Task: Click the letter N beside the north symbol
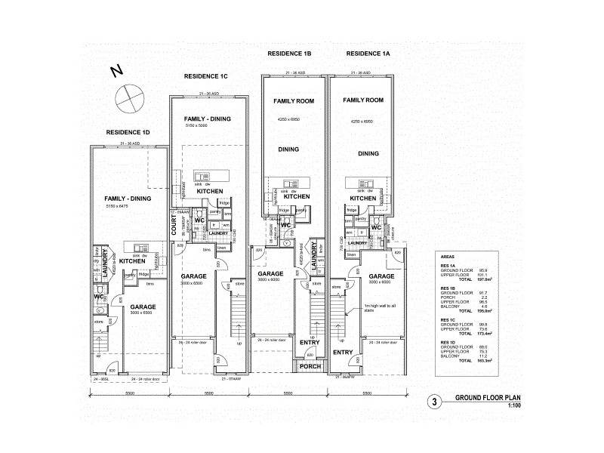click(x=116, y=72)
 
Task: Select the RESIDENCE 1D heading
click(x=128, y=133)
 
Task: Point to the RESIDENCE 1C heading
click(x=205, y=77)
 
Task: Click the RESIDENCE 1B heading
click(x=289, y=54)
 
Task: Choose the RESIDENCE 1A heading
click(x=368, y=54)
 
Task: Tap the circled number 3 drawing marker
click(x=434, y=402)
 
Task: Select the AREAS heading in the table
click(x=448, y=257)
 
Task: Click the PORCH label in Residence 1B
click(x=310, y=366)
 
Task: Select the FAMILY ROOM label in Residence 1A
click(x=363, y=100)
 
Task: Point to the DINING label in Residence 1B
click(x=288, y=149)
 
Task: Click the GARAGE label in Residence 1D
click(x=143, y=307)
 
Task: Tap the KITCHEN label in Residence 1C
click(x=209, y=192)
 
